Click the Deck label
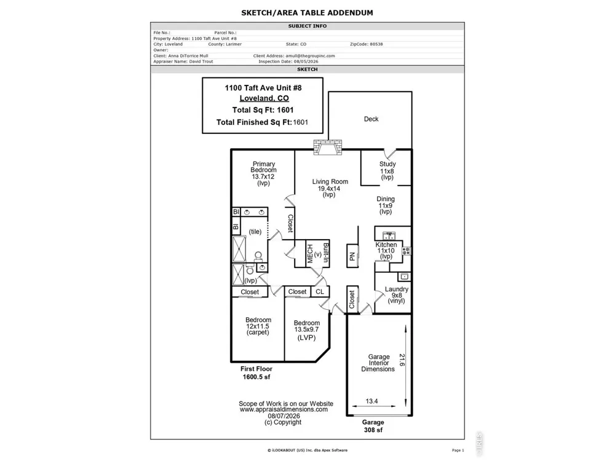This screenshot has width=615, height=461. pyautogui.click(x=371, y=119)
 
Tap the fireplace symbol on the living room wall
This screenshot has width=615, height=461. pyautogui.click(x=328, y=148)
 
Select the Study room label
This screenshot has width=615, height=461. pyautogui.click(x=387, y=164)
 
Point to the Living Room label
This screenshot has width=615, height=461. pyautogui.click(x=330, y=181)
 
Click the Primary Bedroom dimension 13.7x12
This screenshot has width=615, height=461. pyautogui.click(x=263, y=177)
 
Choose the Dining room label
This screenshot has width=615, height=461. pyautogui.click(x=386, y=199)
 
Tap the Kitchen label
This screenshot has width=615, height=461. pyautogui.click(x=386, y=245)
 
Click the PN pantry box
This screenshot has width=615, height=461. pyautogui.click(x=352, y=256)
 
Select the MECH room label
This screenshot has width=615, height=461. pyautogui.click(x=310, y=254)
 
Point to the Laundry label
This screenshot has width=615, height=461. pyautogui.click(x=397, y=290)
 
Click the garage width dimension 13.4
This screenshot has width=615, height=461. pyautogui.click(x=372, y=401)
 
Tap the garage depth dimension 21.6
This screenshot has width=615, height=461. pyautogui.click(x=402, y=360)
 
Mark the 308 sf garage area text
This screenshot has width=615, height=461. pyautogui.click(x=373, y=430)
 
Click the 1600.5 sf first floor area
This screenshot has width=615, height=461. pyautogui.click(x=256, y=377)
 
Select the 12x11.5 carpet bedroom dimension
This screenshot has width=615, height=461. pyautogui.click(x=258, y=326)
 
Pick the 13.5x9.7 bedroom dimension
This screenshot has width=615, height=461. pyautogui.click(x=307, y=329)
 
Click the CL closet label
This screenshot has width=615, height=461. pyautogui.click(x=320, y=291)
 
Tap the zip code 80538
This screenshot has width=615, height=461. pyautogui.click(x=376, y=44)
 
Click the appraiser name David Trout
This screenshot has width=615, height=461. pyautogui.click(x=201, y=61)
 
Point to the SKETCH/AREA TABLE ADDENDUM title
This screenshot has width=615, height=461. pyautogui.click(x=307, y=12)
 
